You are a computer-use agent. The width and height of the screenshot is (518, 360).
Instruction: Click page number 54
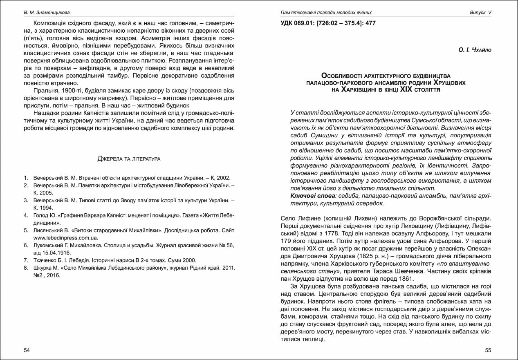27,350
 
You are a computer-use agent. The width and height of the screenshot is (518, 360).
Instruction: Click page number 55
488,350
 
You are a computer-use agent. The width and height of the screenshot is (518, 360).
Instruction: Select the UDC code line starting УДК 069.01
328,23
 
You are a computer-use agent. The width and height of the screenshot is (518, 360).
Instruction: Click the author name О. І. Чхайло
475,50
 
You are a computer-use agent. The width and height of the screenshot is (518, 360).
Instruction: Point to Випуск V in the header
480,13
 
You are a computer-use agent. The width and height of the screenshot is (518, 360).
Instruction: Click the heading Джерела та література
129,159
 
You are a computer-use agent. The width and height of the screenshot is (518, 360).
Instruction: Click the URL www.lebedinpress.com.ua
66,237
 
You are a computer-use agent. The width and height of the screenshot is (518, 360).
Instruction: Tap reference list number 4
26,215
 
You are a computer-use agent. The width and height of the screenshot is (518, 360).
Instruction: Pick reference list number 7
26,260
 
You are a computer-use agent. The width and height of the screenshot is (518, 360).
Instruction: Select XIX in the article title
406,89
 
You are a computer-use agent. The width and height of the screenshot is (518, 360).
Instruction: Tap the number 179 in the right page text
286,241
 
